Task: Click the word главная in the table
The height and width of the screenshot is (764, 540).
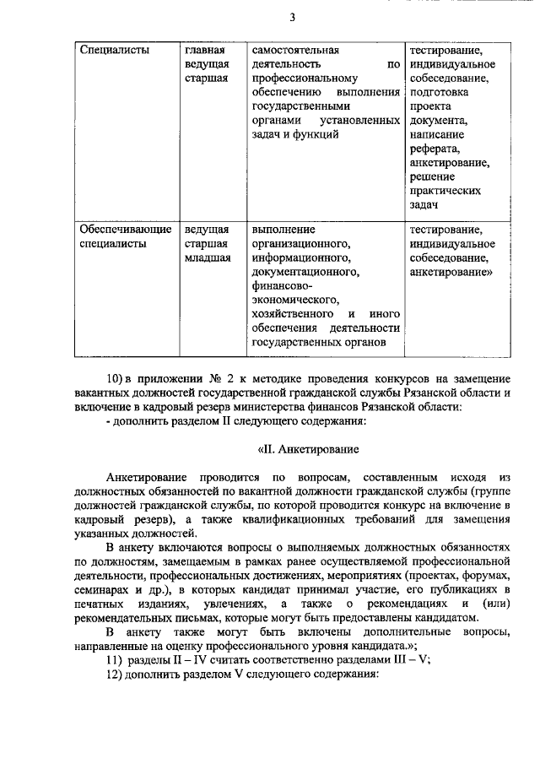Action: point(204,49)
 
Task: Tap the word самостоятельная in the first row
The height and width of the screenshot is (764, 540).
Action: point(295,49)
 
